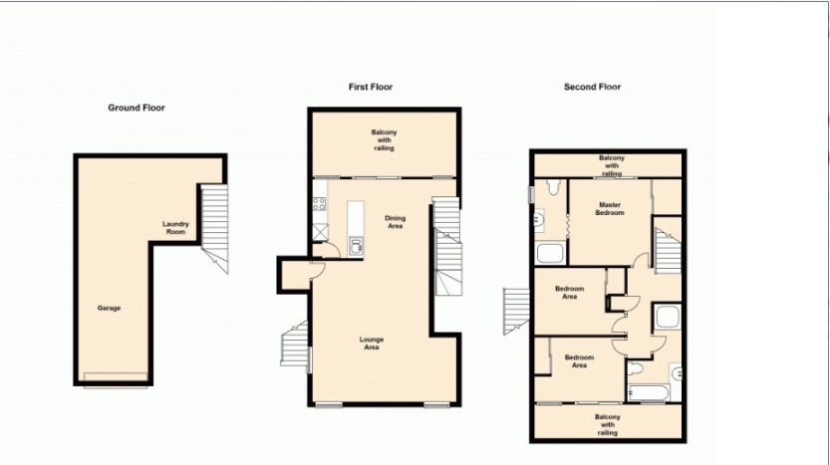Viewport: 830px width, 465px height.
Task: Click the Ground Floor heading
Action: [x=137, y=108]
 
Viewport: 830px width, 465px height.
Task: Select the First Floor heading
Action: [x=371, y=87]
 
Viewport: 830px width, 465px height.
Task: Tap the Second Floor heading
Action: [x=592, y=87]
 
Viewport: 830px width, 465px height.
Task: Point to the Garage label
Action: [x=109, y=308]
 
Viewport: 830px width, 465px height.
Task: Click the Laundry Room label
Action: [x=175, y=228]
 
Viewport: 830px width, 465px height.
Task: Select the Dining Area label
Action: [x=395, y=222]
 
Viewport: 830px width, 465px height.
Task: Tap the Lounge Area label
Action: [x=372, y=344]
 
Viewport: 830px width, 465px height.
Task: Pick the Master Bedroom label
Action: [x=610, y=208]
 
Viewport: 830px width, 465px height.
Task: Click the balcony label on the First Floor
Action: [x=384, y=140]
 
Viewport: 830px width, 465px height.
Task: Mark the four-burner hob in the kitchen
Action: [x=319, y=204]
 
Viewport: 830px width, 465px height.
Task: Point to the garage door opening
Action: [x=116, y=377]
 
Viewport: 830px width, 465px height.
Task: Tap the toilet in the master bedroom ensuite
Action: [x=554, y=187]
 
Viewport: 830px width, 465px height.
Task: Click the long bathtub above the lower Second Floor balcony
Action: [x=649, y=393]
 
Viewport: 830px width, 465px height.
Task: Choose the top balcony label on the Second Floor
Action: [x=612, y=165]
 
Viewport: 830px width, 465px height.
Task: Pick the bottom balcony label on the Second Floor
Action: [x=608, y=425]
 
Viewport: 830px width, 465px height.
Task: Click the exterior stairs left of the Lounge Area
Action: [x=295, y=344]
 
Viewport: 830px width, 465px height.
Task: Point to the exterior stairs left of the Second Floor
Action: [x=516, y=311]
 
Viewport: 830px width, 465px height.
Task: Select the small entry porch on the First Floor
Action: [x=294, y=275]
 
